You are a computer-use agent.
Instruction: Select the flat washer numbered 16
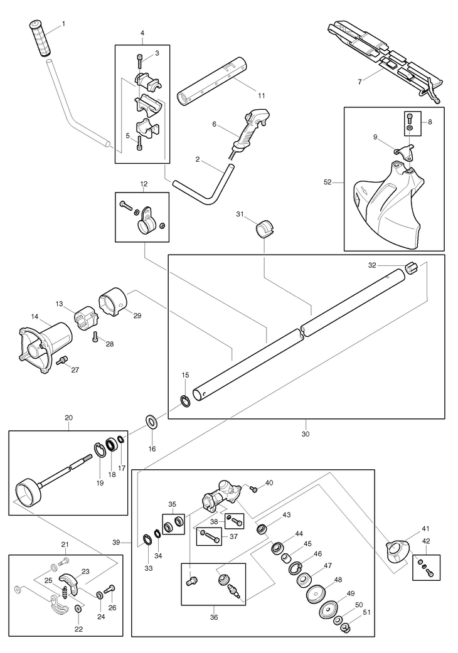[152, 420]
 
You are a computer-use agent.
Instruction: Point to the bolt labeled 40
[254, 489]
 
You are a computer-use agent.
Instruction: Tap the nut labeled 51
[345, 627]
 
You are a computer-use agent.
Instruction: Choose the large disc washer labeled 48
[317, 593]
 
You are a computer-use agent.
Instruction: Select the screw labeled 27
[62, 360]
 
